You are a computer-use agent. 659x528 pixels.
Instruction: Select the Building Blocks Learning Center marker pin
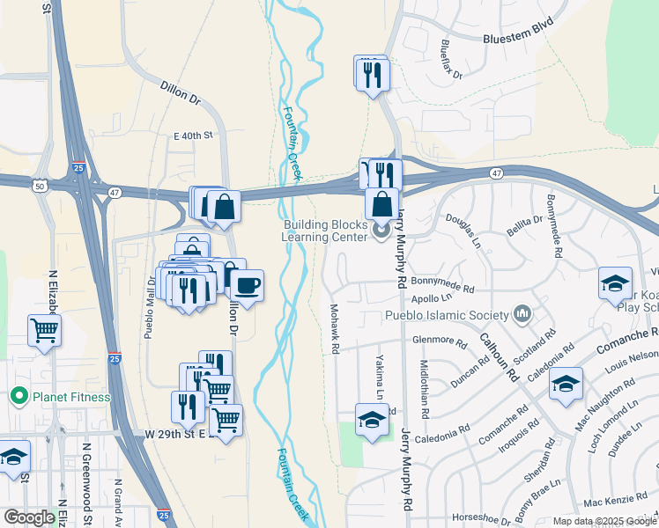(x=381, y=231)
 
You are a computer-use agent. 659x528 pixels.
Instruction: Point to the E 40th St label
(x=194, y=136)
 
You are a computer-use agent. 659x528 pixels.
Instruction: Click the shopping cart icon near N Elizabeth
(x=44, y=331)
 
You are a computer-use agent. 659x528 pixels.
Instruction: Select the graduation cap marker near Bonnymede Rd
(x=615, y=283)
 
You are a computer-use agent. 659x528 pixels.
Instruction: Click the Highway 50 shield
(x=40, y=186)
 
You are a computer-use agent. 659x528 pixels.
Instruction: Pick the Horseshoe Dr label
(x=481, y=517)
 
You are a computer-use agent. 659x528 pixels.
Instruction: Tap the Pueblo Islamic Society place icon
(x=522, y=314)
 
